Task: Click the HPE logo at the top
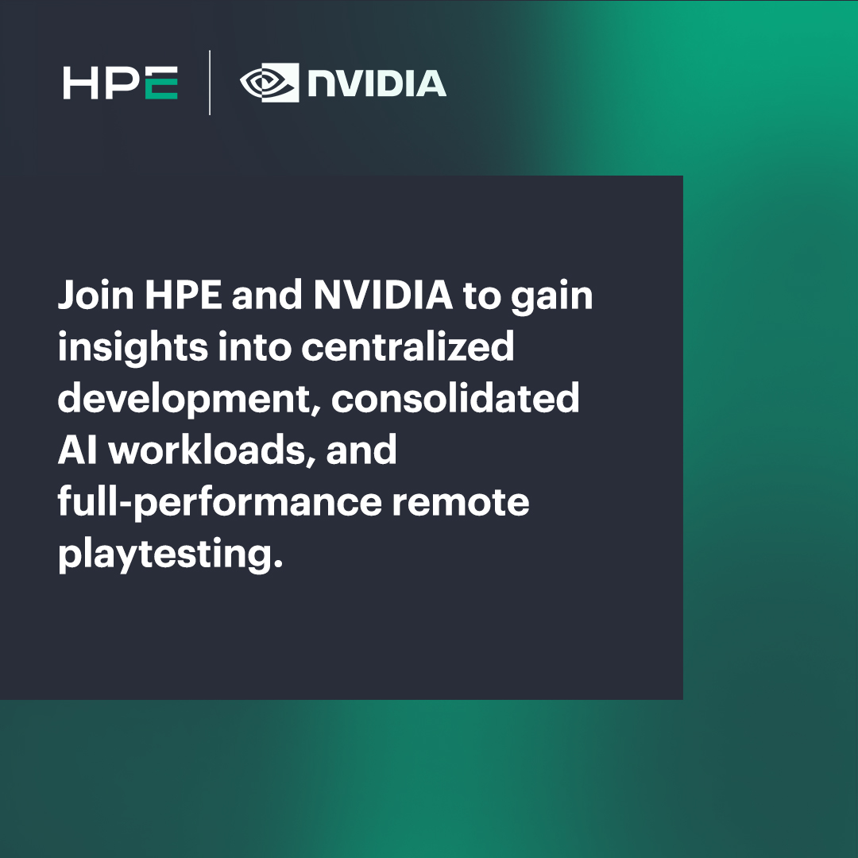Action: pyautogui.click(x=120, y=83)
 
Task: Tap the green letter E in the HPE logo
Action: pyautogui.click(x=161, y=83)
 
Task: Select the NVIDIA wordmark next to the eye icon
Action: pyautogui.click(x=377, y=83)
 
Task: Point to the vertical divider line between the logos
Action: pyautogui.click(x=210, y=83)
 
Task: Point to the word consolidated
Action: pyautogui.click(x=455, y=398)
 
